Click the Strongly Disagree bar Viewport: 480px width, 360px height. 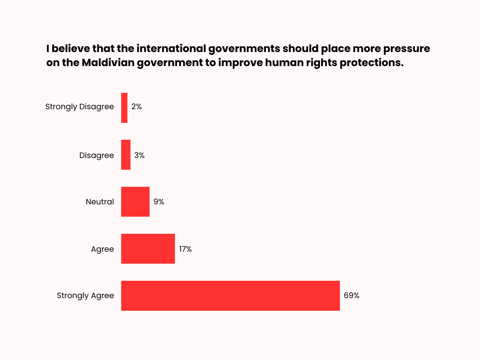pyautogui.click(x=124, y=108)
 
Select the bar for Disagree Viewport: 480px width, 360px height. pyautogui.click(x=126, y=155)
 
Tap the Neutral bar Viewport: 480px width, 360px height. pyautogui.click(x=135, y=202)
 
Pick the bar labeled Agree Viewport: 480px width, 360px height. pyautogui.click(x=148, y=248)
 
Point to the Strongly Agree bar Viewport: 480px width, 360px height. pyautogui.click(x=230, y=295)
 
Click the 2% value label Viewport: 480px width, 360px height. pyautogui.click(x=136, y=107)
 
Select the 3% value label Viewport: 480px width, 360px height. pyautogui.click(x=139, y=155)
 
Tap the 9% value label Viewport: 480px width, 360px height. pyautogui.click(x=158, y=202)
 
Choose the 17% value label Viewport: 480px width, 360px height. pyautogui.click(x=185, y=249)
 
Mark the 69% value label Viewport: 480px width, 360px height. pyautogui.click(x=352, y=296)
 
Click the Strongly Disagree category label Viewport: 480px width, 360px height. pyautogui.click(x=80, y=107)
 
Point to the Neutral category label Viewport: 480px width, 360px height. pyautogui.click(x=100, y=202)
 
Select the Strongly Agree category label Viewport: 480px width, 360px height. pyautogui.click(x=85, y=296)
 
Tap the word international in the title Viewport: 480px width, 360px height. pyautogui.click(x=158, y=49)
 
